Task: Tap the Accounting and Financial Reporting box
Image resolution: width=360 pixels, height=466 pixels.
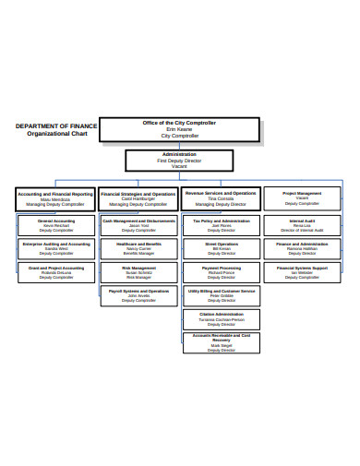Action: tap(54, 198)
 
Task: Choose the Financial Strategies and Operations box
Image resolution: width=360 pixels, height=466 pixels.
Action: tap(138, 198)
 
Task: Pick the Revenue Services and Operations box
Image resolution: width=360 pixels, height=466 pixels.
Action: tap(220, 198)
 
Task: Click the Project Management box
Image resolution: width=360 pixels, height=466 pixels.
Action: tap(302, 198)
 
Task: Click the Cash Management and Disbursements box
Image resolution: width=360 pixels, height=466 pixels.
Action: tap(138, 225)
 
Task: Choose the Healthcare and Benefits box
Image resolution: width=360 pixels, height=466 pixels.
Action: tap(138, 248)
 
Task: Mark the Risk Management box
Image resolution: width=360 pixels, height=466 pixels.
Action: tap(138, 271)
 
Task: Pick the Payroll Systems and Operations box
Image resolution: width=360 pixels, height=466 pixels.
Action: tap(138, 294)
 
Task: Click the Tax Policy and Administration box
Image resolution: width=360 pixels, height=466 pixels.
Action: tap(221, 225)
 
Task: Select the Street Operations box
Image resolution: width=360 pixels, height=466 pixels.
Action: tap(221, 248)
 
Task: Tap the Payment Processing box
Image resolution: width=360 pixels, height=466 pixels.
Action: tap(221, 271)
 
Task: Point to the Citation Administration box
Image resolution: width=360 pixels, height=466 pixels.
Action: tap(221, 318)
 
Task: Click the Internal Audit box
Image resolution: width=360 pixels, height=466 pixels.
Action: tap(302, 225)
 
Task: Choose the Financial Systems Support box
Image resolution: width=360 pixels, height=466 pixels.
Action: tap(302, 271)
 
